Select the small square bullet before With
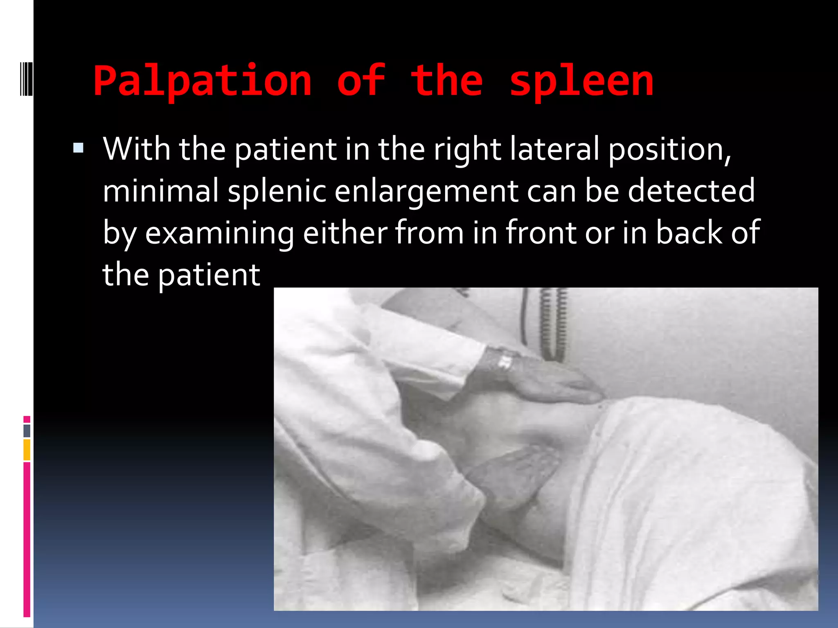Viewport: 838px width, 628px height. (78, 148)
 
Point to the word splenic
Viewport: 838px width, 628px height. (277, 191)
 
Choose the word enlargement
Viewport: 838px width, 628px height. (426, 191)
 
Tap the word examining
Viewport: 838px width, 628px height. (219, 233)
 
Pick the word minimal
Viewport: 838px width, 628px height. (161, 191)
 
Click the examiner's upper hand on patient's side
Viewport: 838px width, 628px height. (548, 378)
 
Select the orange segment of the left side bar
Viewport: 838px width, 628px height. (27, 450)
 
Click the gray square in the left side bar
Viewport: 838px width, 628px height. (27, 431)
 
